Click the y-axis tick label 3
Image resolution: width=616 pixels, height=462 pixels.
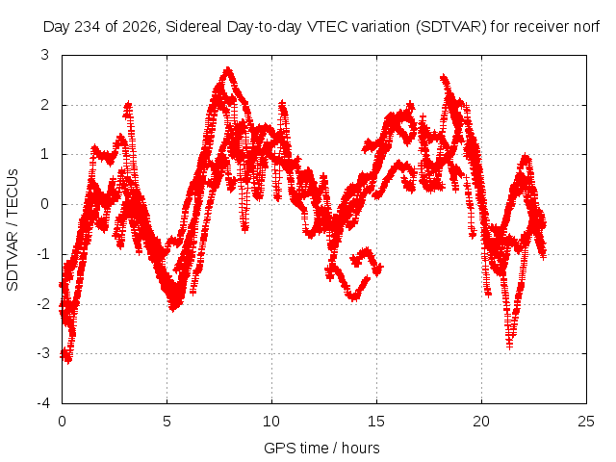[x=44, y=55]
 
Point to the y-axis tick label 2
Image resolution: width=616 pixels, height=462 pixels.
[x=44, y=105]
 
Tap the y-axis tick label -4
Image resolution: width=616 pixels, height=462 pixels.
[x=42, y=403]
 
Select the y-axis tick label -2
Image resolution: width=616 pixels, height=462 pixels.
[x=42, y=304]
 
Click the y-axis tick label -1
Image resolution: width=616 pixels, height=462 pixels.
[x=42, y=254]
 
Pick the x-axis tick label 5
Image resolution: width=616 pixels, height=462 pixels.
[x=167, y=422]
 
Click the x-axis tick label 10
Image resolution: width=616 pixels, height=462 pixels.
[x=271, y=422]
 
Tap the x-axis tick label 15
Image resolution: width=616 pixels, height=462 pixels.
[x=376, y=422]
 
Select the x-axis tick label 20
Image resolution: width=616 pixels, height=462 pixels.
[x=481, y=422]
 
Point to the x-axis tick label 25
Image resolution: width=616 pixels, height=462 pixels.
[x=586, y=422]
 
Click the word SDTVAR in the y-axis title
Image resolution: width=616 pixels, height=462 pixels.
[x=13, y=261]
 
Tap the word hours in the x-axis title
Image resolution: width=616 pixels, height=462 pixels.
[x=361, y=448]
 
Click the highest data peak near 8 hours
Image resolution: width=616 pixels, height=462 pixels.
[x=228, y=70]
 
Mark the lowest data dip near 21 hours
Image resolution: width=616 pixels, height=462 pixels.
[x=509, y=346]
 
